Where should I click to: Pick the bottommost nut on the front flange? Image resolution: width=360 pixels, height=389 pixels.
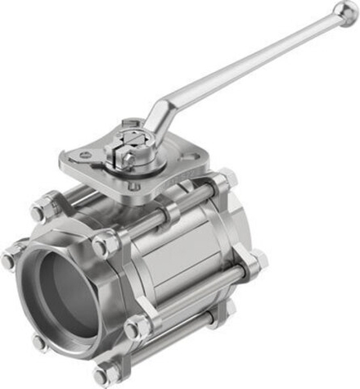(x=104, y=375)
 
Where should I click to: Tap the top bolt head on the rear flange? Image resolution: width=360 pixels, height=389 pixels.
(x=224, y=181)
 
